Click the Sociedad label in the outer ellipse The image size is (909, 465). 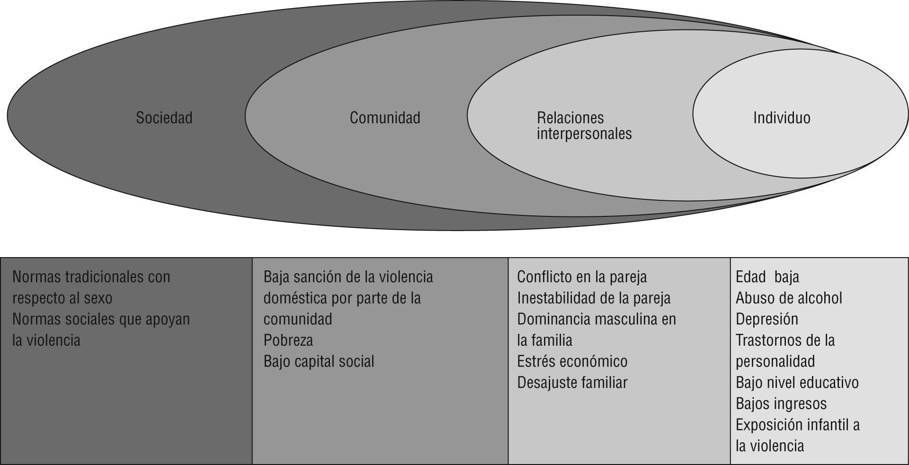(x=164, y=117)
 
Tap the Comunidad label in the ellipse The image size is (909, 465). (x=384, y=117)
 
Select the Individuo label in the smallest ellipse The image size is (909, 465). (x=781, y=117)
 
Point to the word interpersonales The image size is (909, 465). (x=584, y=134)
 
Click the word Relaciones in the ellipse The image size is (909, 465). (x=570, y=117)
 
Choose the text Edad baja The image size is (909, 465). (x=767, y=277)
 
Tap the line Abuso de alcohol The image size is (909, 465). (x=789, y=298)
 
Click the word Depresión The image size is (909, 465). (x=766, y=319)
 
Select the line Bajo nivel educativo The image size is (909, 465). (x=797, y=383)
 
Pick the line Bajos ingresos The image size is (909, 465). (x=781, y=404)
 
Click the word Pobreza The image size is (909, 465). (x=288, y=340)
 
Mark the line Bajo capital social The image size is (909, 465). (x=319, y=362)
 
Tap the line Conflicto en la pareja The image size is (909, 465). (x=581, y=277)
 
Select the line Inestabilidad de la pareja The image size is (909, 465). (x=593, y=298)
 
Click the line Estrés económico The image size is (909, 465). (x=572, y=362)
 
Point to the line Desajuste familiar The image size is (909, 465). (x=572, y=383)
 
